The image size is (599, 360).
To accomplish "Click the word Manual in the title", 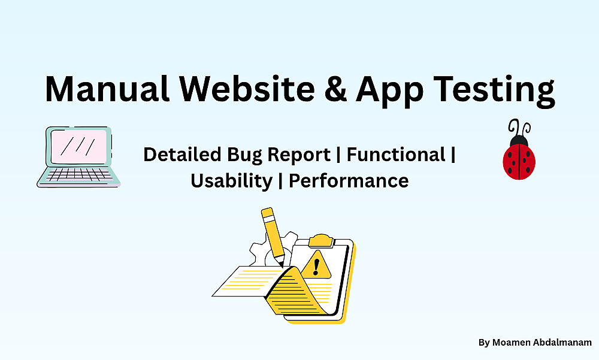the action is (107, 89).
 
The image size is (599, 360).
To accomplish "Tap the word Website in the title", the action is (247, 89).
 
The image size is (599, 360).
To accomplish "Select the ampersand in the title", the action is (336, 89).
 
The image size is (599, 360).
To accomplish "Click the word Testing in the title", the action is (494, 92).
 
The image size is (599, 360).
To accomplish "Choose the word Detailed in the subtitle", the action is (182, 155).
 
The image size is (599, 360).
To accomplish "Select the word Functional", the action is (396, 155).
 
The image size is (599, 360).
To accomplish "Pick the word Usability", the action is (231, 181).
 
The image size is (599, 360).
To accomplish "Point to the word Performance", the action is (349, 180).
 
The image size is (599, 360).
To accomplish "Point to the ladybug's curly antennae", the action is (519, 128).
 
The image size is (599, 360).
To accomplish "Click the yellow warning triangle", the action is (316, 265).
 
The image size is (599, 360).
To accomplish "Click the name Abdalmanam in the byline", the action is (561, 343).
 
